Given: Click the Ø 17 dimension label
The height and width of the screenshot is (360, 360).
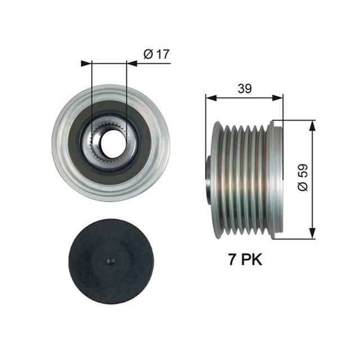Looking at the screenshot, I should [x=157, y=55].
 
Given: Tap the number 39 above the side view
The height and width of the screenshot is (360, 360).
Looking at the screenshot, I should [x=244, y=88].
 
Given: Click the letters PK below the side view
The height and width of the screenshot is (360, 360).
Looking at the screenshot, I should [x=250, y=260].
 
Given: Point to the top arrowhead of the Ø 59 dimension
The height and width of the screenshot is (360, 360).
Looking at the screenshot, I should [x=311, y=124].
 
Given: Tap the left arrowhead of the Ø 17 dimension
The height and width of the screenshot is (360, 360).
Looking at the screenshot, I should [x=85, y=64].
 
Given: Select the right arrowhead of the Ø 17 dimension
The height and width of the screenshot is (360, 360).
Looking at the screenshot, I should [x=132, y=64].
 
